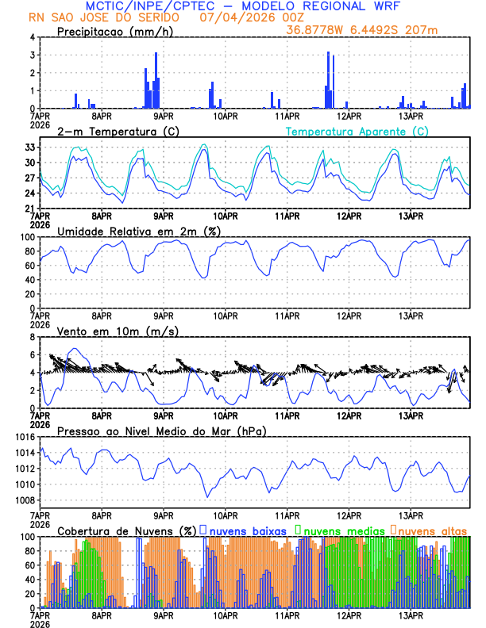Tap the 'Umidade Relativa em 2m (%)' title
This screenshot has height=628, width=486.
tap(139, 231)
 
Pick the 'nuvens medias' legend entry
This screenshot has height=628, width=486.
tap(340, 530)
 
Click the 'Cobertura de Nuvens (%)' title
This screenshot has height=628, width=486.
tap(127, 530)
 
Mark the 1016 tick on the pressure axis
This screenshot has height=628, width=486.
tap(22, 437)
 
